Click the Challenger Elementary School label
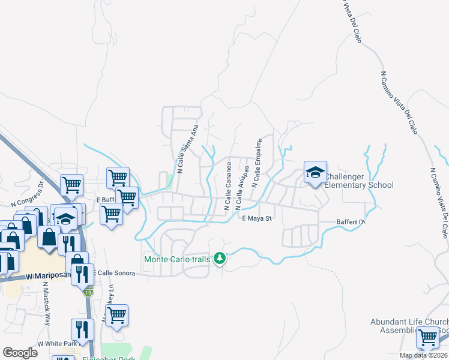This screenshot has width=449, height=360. (359, 181)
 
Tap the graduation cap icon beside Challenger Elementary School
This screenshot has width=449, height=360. (315, 173)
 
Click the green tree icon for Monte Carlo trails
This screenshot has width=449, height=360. (220, 259)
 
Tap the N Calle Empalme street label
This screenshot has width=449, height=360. (257, 163)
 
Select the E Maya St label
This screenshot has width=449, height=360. (257, 218)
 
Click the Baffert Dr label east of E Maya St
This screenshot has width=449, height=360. (354, 222)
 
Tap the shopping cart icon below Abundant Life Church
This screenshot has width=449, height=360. (427, 338)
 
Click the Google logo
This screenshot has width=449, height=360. (20, 353)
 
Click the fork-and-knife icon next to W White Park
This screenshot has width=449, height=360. (80, 330)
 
